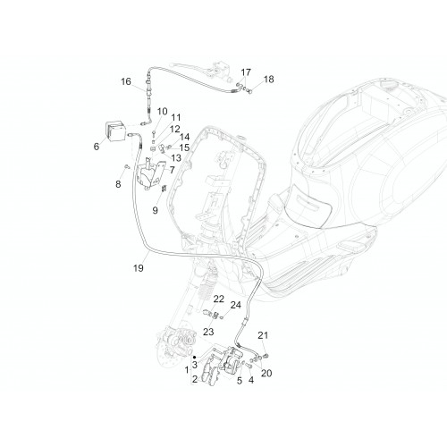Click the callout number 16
[x=126, y=81]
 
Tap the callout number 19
[x=139, y=268]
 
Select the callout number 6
[x=97, y=147]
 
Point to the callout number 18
[x=268, y=80]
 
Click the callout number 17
[x=246, y=72]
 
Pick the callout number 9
[x=155, y=210]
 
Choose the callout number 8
[x=118, y=184]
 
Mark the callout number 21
[x=263, y=335]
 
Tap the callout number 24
[x=235, y=305]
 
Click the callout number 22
[x=218, y=299]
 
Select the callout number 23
[x=208, y=332]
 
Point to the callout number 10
[x=162, y=112]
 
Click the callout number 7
[x=173, y=170]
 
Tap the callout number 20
[x=266, y=373]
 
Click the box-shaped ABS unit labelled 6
[x=114, y=130]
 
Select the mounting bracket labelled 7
[x=150, y=176]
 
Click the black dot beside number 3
[x=194, y=357]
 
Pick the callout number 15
[x=184, y=148]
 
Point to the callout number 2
[x=195, y=379]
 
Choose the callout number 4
[x=251, y=380]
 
